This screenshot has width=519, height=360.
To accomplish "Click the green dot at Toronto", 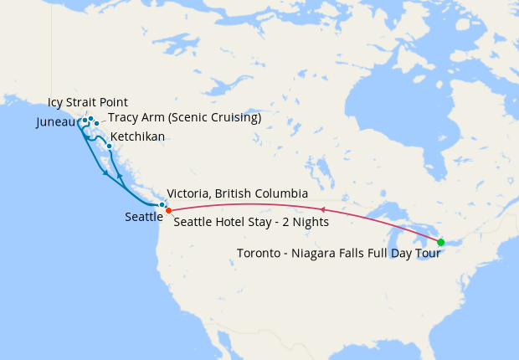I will pos(441,242).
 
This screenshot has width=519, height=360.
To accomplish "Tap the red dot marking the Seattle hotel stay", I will pos(168,209).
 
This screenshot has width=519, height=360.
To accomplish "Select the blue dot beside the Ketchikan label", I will pos(109,146).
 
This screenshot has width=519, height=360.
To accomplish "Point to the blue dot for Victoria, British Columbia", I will pos(162,204).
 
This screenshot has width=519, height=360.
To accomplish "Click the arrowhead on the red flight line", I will pos(323,209).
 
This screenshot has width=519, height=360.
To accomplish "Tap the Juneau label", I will pos(57,122).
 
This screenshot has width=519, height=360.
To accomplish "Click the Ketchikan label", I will pos(137,136).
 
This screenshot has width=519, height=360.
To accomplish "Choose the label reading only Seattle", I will pos(144,217).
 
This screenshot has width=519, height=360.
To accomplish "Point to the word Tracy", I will pos(123,118).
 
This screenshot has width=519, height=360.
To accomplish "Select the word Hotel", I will pos(229,223).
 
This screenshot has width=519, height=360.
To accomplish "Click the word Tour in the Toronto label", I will pos(428,254).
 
